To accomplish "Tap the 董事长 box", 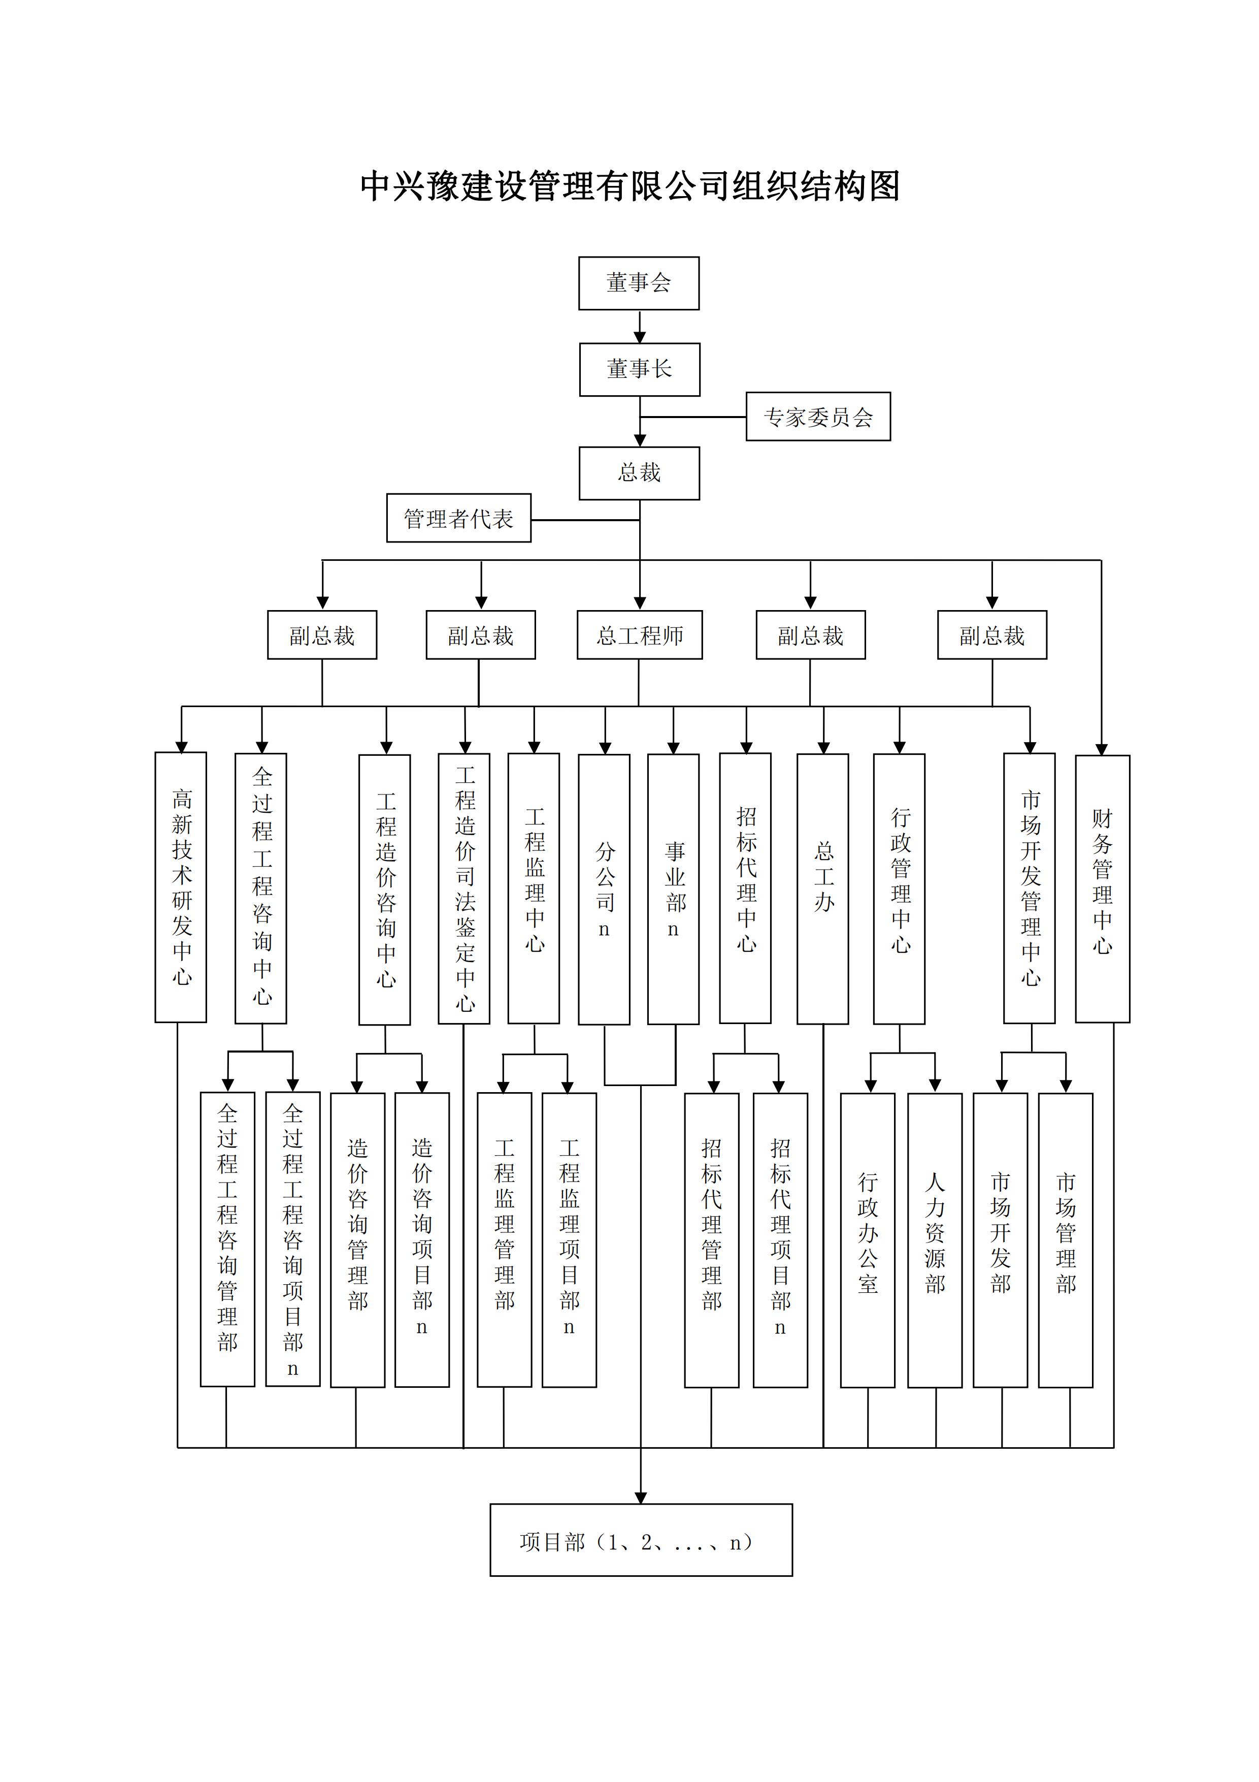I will [639, 369].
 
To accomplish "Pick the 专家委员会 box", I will [818, 417].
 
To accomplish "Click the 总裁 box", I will [639, 472].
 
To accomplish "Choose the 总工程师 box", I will [639, 635].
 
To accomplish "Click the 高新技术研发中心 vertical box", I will [181, 886].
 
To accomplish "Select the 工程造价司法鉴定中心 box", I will [464, 888].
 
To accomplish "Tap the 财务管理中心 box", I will [1102, 888].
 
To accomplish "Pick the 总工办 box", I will [822, 888].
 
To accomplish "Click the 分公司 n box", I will [604, 888].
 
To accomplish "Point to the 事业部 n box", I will [673, 888].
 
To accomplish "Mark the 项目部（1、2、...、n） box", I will [641, 1541].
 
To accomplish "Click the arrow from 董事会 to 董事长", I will [639, 326].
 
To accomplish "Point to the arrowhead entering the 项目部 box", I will [641, 1497].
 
